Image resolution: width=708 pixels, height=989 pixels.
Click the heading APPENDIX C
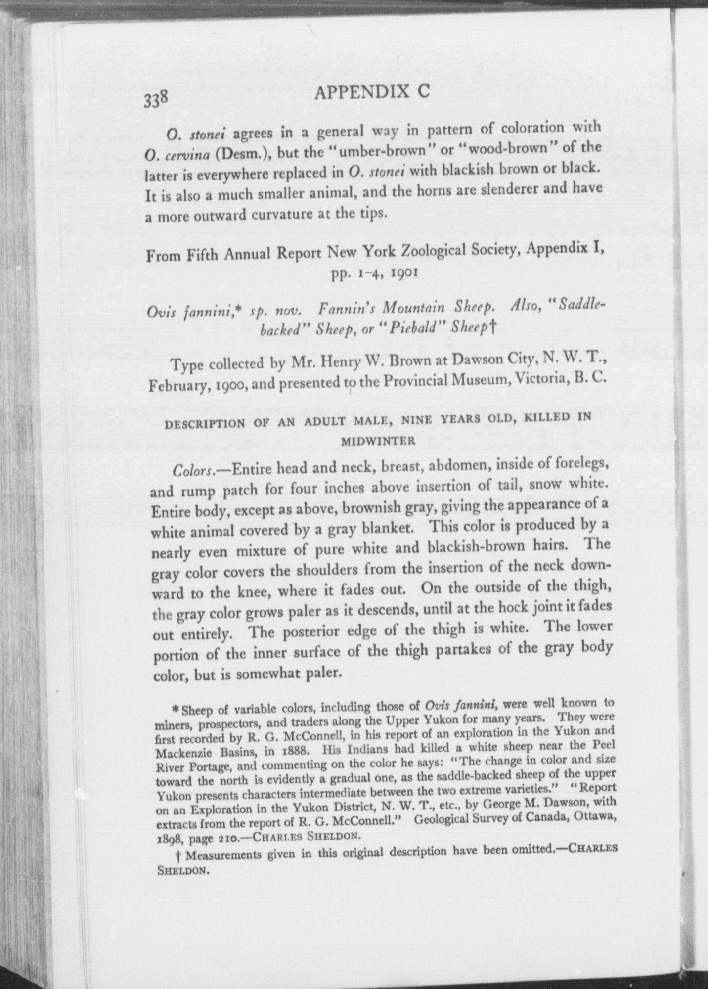[372, 92]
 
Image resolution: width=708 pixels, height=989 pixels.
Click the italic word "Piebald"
[414, 328]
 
